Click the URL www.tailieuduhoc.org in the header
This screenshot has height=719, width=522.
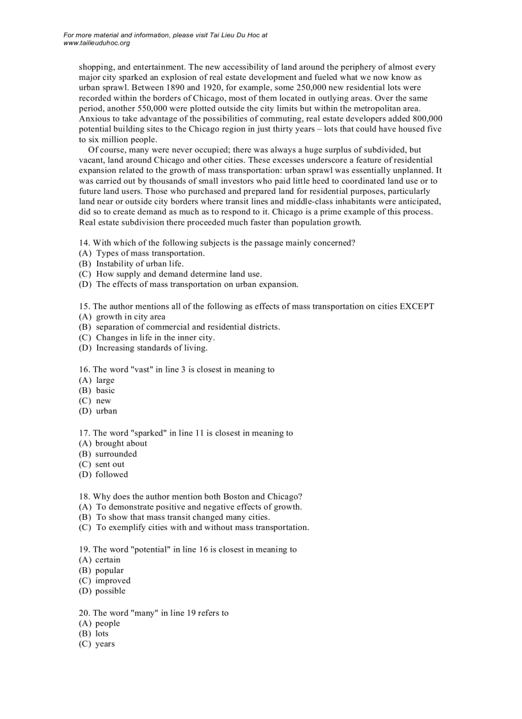97,43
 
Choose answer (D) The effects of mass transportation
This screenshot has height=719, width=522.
196,284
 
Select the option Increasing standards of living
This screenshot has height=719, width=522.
152,348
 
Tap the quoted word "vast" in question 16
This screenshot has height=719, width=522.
144,369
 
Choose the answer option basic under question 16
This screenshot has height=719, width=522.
106,390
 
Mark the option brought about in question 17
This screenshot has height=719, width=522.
121,443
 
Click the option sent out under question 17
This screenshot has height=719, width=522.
110,464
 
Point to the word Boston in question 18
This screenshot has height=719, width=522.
236,496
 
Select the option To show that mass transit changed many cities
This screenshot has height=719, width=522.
182,517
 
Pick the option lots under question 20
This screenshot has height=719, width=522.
102,633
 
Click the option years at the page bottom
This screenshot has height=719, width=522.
105,643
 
